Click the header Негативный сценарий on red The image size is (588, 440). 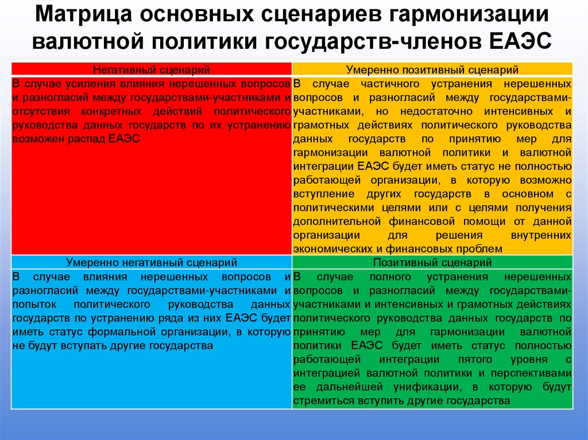pos(152,70)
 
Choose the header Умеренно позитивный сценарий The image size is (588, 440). pos(432,70)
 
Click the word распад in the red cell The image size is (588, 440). pos(83,139)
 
